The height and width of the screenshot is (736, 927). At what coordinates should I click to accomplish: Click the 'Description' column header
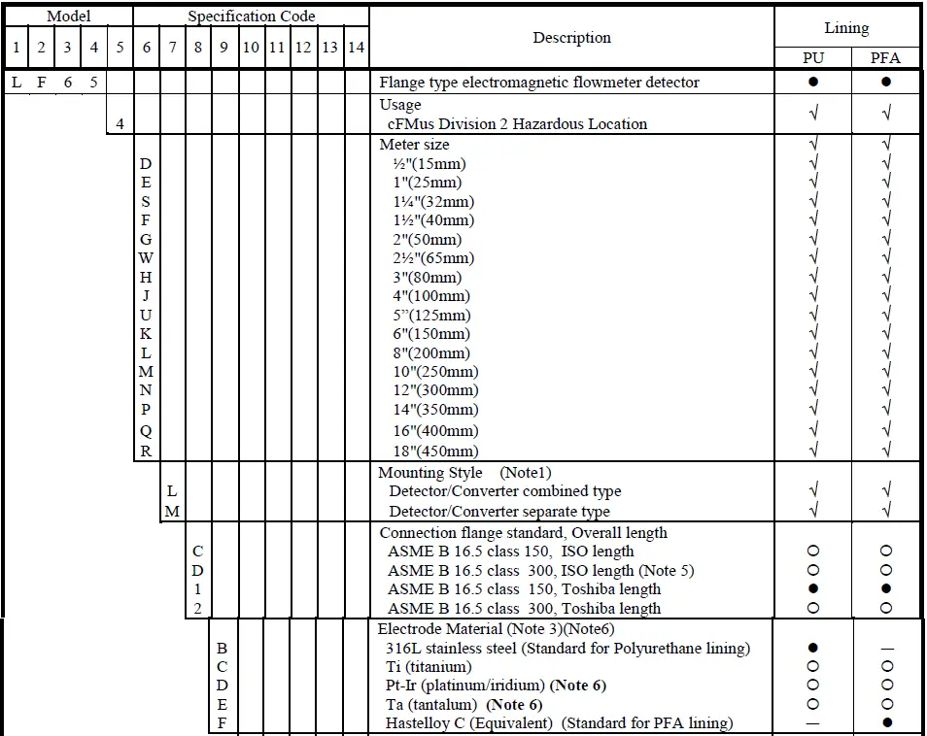(x=571, y=38)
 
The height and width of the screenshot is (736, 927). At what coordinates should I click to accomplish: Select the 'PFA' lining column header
(x=885, y=57)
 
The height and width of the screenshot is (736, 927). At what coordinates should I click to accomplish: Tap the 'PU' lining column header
(x=813, y=57)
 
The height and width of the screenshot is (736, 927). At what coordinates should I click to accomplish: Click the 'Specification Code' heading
(x=251, y=16)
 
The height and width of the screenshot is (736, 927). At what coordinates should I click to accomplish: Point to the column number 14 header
(x=356, y=48)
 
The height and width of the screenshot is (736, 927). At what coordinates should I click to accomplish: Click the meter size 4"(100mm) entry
(x=428, y=296)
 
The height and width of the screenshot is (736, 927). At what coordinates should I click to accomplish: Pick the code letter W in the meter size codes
(x=146, y=258)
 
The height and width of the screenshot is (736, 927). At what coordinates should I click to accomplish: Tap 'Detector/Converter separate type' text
(x=499, y=512)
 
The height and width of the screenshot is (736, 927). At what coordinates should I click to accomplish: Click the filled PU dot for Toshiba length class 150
(x=813, y=589)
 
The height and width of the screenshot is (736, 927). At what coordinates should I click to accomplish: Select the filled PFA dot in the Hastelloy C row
(x=885, y=722)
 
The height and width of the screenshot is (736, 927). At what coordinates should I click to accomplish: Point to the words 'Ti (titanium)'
(x=429, y=667)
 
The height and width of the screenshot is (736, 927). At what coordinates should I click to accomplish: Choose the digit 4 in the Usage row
(x=120, y=124)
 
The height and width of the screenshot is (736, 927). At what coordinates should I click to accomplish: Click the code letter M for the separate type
(x=172, y=512)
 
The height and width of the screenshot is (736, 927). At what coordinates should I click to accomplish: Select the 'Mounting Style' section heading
(x=429, y=473)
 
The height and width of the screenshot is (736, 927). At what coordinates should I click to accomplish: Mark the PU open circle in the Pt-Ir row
(x=813, y=686)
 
